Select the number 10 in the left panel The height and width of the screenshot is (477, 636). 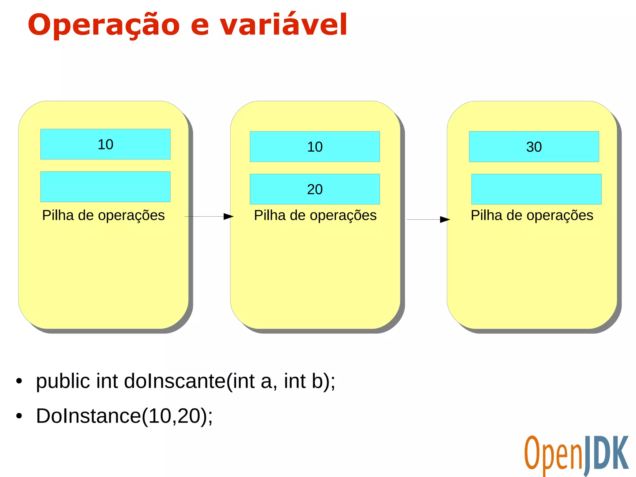[x=105, y=144]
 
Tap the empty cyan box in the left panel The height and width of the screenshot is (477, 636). [x=105, y=187]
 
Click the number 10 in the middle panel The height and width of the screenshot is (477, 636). [x=315, y=147]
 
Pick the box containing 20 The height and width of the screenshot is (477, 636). [x=315, y=189]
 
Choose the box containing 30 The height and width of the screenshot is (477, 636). [x=534, y=147]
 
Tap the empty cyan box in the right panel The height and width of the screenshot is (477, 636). [x=536, y=189]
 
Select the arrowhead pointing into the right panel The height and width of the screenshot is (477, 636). [x=445, y=220]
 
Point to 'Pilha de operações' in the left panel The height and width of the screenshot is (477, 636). [x=103, y=215]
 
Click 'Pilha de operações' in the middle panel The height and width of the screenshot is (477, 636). [x=315, y=215]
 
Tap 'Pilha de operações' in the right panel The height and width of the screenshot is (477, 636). [x=532, y=215]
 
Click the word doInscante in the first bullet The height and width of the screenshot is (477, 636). [x=175, y=381]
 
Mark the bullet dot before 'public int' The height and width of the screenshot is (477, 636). [x=19, y=381]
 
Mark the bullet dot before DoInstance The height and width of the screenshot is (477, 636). [x=19, y=416]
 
